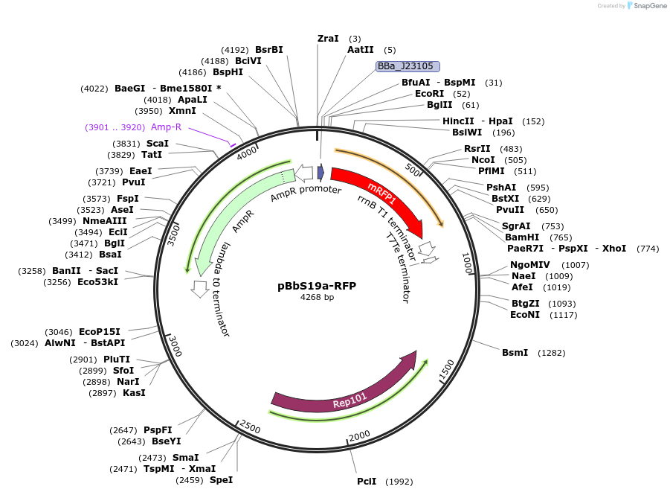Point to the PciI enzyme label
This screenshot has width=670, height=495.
(366, 482)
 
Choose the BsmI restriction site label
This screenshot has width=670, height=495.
(515, 352)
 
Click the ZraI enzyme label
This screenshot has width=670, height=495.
(328, 38)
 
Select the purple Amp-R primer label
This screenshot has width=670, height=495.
(166, 127)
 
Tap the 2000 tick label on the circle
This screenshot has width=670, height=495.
(359, 435)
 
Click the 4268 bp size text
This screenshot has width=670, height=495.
(317, 297)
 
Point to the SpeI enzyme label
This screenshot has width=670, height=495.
(221, 479)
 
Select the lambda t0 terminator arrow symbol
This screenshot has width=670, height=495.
(199, 288)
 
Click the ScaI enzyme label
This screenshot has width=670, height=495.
(157, 143)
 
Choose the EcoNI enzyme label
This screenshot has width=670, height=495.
(524, 315)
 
